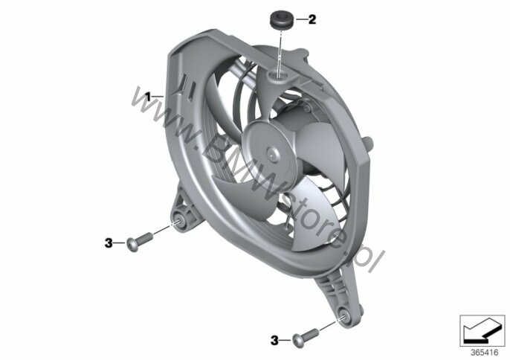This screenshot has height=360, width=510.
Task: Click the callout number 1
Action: [148, 97]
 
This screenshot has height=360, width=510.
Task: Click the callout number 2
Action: [312, 19]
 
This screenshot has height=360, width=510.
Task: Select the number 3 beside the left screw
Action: [109, 242]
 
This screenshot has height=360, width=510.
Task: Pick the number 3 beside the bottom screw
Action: [275, 341]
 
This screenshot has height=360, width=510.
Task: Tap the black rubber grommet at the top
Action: [282, 20]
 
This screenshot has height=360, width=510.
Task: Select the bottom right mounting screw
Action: [306, 336]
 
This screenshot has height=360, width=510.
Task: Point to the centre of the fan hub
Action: [271, 152]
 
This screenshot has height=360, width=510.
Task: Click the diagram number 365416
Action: [484, 353]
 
